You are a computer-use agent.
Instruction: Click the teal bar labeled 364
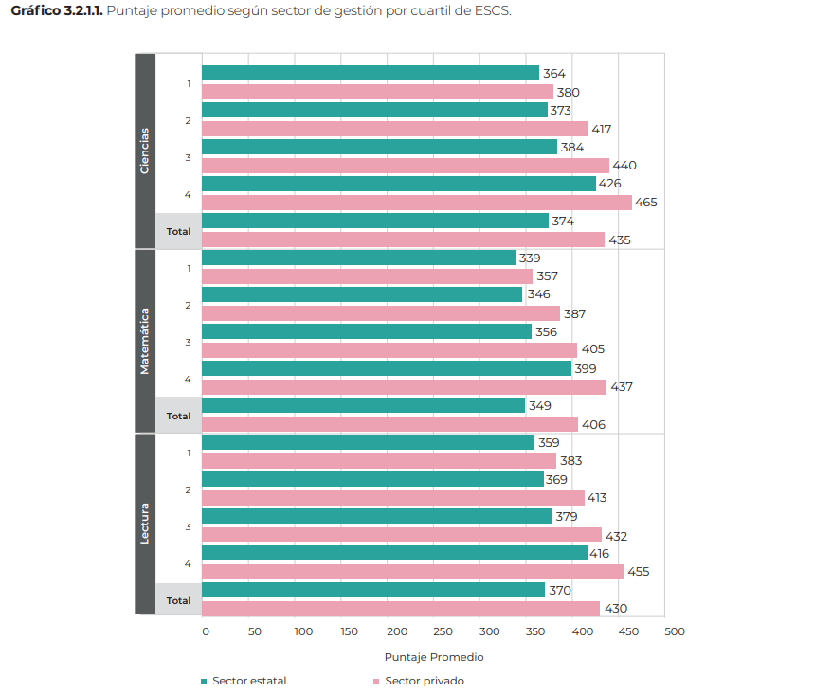pyautogui.click(x=371, y=73)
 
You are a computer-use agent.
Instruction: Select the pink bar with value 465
pyautogui.click(x=417, y=203)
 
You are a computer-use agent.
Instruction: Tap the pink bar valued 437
pyautogui.click(x=404, y=387)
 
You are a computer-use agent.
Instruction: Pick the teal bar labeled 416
pyautogui.click(x=394, y=553)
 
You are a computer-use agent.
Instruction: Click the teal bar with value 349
pyautogui.click(x=363, y=405)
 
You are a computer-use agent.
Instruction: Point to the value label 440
pyautogui.click(x=624, y=166)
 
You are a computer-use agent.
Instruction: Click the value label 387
pyautogui.click(x=574, y=313)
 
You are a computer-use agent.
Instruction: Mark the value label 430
pyautogui.click(x=616, y=609)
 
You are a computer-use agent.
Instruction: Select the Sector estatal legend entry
pyautogui.click(x=244, y=681)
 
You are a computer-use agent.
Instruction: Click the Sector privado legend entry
pyautogui.click(x=419, y=681)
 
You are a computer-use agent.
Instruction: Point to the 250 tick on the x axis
pyautogui.click(x=443, y=631)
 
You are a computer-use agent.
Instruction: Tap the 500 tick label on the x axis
pyautogui.click(x=675, y=631)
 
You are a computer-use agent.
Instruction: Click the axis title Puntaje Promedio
pyautogui.click(x=434, y=657)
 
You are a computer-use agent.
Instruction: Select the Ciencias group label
pyautogui.click(x=145, y=151)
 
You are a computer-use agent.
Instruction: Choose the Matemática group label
pyautogui.click(x=145, y=342)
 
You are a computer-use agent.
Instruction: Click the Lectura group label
pyautogui.click(x=145, y=524)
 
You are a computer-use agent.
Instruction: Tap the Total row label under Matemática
pyautogui.click(x=178, y=416)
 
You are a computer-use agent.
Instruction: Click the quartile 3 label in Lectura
pyautogui.click(x=188, y=527)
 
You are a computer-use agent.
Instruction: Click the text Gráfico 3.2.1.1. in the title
pyautogui.click(x=57, y=11)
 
